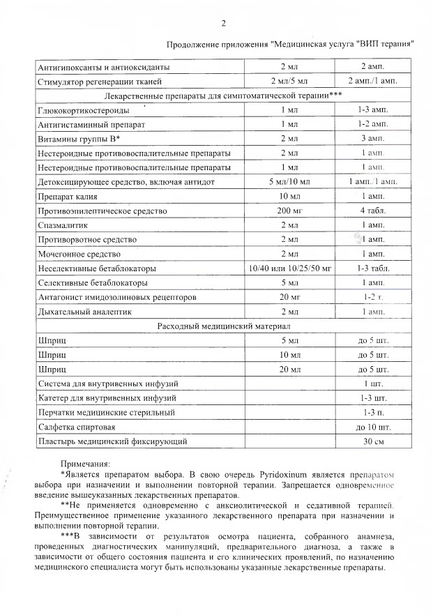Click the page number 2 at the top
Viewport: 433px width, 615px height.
[x=224, y=24]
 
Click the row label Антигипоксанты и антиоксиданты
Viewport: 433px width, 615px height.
[x=102, y=68]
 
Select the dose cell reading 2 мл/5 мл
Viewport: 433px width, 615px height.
[x=289, y=82]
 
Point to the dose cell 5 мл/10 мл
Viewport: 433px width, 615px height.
[x=289, y=181]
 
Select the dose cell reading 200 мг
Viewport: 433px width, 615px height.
[x=289, y=210]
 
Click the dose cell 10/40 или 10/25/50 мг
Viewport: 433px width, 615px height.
[x=289, y=268]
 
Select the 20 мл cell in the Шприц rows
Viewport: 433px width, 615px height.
[x=289, y=369]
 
